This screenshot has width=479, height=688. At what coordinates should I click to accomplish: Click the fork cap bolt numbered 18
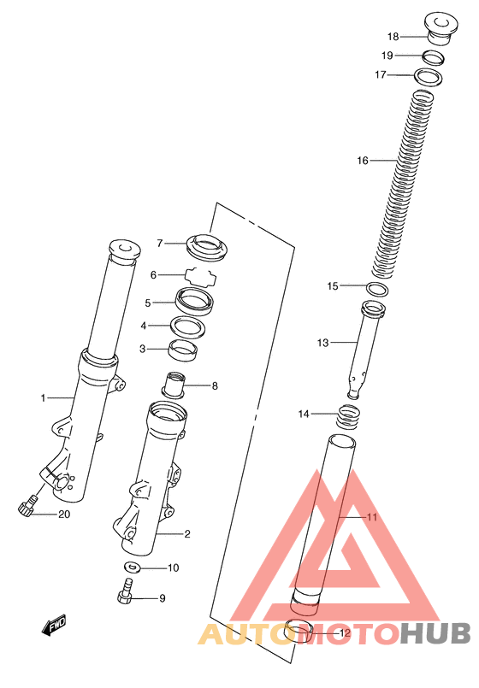(441, 28)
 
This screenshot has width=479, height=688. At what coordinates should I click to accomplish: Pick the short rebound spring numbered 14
(349, 417)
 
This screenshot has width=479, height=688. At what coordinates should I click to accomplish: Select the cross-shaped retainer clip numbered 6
(201, 277)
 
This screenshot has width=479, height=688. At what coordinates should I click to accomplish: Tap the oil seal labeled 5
(194, 302)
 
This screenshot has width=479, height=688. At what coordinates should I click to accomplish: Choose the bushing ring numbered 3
(183, 350)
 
